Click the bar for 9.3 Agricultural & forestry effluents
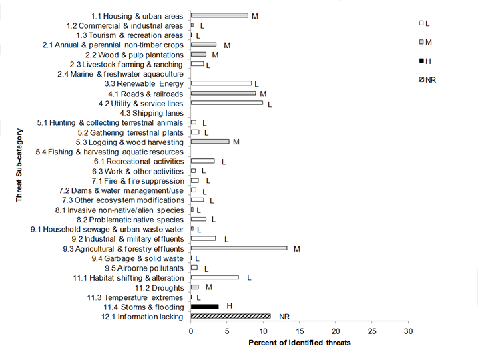239,248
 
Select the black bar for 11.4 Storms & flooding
204,306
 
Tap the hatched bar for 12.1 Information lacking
230,316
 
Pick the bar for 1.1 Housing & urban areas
219,15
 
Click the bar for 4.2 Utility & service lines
226,103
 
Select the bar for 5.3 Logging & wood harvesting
210,142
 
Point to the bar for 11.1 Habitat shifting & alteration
214,277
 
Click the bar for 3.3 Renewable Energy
221,83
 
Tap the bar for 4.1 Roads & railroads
223,94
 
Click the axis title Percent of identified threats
299,343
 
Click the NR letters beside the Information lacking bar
284,317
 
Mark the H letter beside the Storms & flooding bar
229,306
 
